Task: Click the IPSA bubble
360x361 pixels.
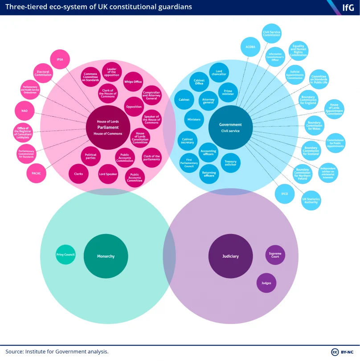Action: [x=60, y=59]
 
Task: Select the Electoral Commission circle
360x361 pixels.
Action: [x=43, y=73]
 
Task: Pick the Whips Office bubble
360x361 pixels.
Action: [x=133, y=82]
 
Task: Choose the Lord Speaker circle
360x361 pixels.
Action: [x=108, y=173]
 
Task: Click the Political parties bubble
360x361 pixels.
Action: [x=90, y=156]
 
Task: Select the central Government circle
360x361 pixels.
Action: [x=230, y=127]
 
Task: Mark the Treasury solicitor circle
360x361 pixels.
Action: [x=231, y=163]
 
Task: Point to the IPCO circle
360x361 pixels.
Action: [x=284, y=194]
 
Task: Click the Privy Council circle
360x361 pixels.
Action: [x=65, y=254]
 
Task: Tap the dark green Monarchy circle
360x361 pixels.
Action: [x=106, y=256]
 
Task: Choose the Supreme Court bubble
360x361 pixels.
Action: [x=275, y=254]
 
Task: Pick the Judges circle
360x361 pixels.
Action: [x=266, y=283]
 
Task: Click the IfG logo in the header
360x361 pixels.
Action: [x=347, y=8]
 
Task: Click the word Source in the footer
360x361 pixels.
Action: [x=15, y=352]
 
